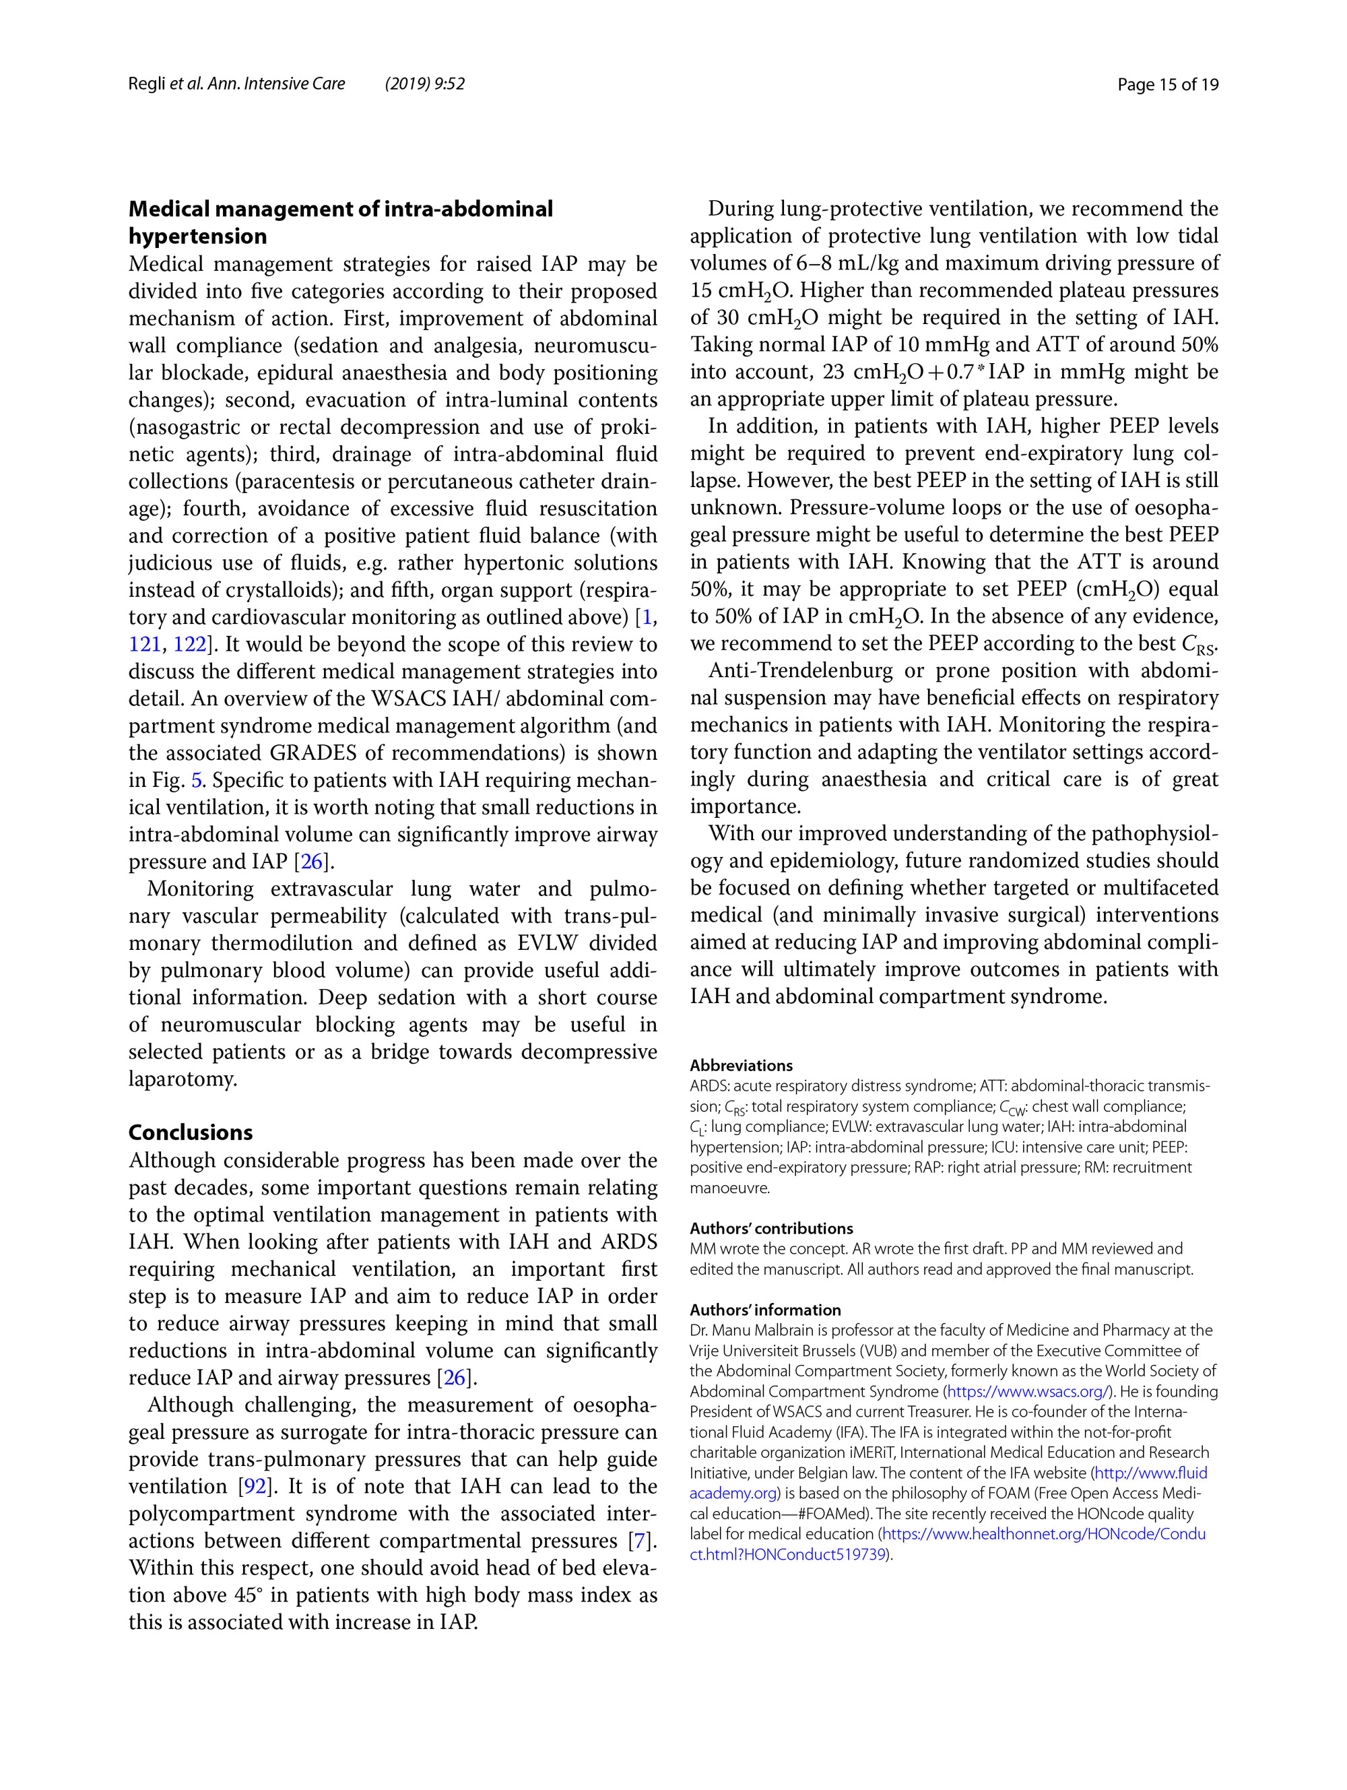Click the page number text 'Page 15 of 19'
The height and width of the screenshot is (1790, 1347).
pyautogui.click(x=1167, y=84)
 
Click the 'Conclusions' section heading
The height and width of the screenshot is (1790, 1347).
pyautogui.click(x=190, y=1132)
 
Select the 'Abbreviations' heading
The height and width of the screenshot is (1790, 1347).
pyautogui.click(x=740, y=1066)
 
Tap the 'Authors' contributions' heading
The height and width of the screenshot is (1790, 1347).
pyautogui.click(x=771, y=1228)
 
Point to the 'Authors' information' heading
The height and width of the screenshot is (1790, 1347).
pyautogui.click(x=764, y=1310)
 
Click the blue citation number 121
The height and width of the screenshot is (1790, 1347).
pyautogui.click(x=145, y=644)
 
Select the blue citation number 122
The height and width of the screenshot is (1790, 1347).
pyautogui.click(x=190, y=644)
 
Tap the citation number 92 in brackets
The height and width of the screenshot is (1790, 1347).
pyautogui.click(x=256, y=1487)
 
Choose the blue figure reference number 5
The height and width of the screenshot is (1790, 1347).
pyautogui.click(x=197, y=780)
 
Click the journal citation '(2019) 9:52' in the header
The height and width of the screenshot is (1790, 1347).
pyautogui.click(x=425, y=84)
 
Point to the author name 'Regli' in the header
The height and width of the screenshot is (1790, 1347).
pyautogui.click(x=146, y=84)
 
